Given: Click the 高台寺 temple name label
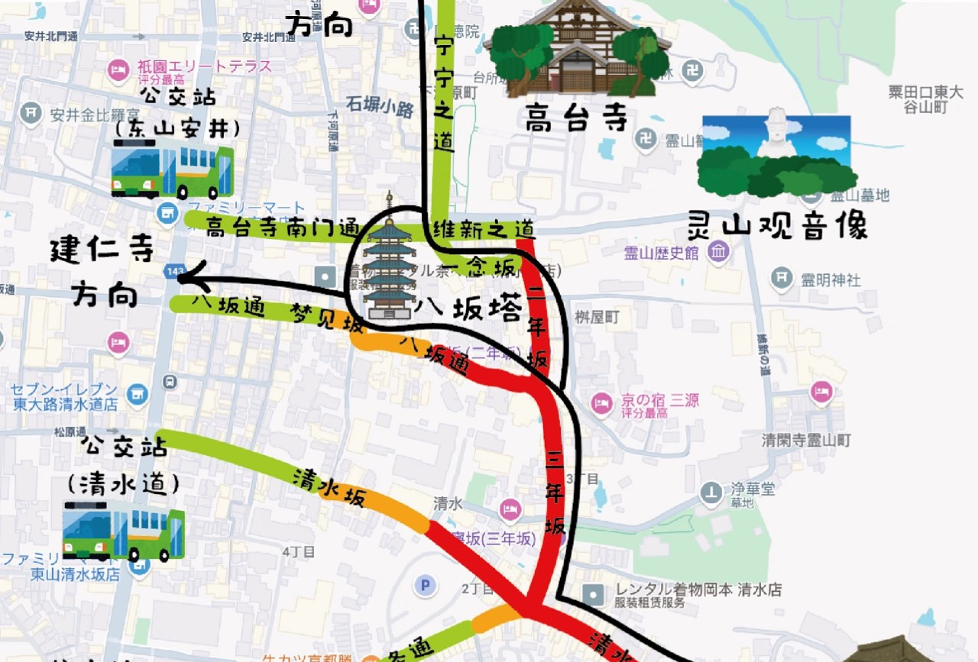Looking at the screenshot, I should coord(576,118).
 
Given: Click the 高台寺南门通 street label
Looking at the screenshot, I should coord(282,227).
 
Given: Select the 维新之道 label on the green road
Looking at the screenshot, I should coord(484,228).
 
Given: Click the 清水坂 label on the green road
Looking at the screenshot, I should coord(329,488).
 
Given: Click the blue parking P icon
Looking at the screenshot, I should coord(424,586).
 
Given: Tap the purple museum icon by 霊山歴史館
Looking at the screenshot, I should coord(717,252).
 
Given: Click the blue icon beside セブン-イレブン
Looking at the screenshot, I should coord(138,394).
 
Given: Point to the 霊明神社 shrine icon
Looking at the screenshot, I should coord(782,279).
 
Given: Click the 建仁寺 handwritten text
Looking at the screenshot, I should coord(102,252).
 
